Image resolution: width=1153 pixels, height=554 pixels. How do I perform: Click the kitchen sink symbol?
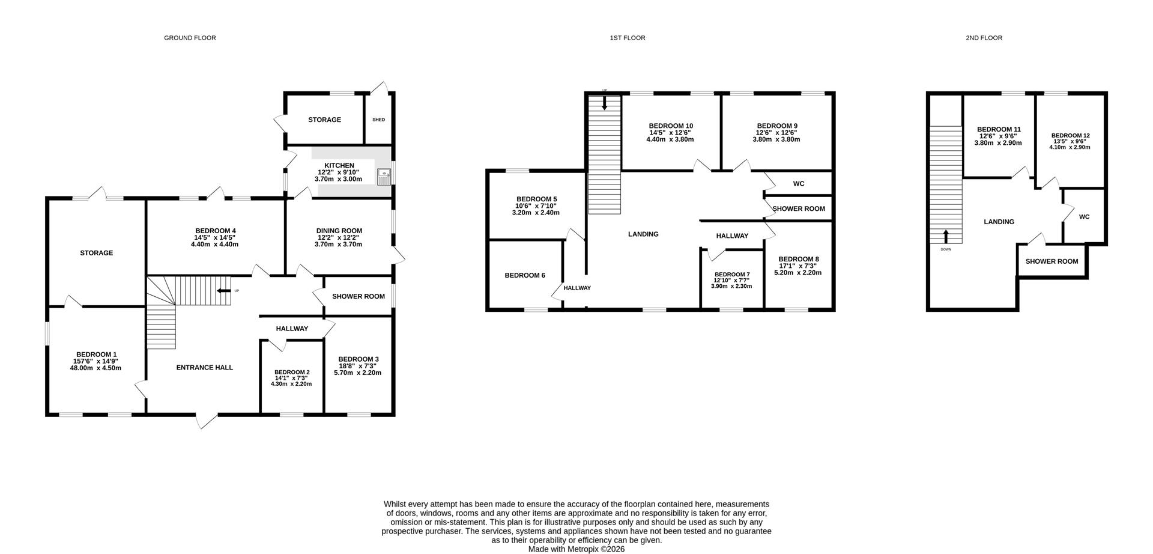click(x=384, y=176)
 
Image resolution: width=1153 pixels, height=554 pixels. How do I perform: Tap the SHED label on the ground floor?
click(x=378, y=120)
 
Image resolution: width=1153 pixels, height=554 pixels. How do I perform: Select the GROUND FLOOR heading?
click(x=190, y=38)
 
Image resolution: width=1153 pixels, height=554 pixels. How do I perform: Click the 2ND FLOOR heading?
click(x=984, y=38)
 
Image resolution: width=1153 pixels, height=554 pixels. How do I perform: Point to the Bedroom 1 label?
click(x=96, y=355)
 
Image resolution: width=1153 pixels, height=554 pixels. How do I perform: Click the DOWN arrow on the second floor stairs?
click(x=946, y=236)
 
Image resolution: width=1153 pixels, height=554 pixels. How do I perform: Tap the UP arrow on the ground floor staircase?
click(x=224, y=291)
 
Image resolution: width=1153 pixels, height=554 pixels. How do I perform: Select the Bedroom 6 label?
click(x=524, y=275)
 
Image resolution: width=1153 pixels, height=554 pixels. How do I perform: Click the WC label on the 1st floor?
click(x=798, y=184)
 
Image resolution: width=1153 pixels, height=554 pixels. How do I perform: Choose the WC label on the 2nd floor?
click(x=1084, y=217)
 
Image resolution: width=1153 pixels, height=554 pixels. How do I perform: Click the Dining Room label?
click(x=339, y=231)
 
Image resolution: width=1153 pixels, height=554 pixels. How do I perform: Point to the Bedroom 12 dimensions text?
click(x=1070, y=147)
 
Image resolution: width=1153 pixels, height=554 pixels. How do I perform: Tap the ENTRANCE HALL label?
click(x=204, y=367)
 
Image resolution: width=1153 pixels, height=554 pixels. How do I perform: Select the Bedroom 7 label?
click(x=731, y=275)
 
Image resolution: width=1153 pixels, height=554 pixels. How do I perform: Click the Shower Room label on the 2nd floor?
click(x=1052, y=261)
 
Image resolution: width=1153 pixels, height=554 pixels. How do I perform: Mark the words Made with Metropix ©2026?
click(x=576, y=549)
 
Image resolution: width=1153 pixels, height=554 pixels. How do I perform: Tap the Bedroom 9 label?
click(x=776, y=126)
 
